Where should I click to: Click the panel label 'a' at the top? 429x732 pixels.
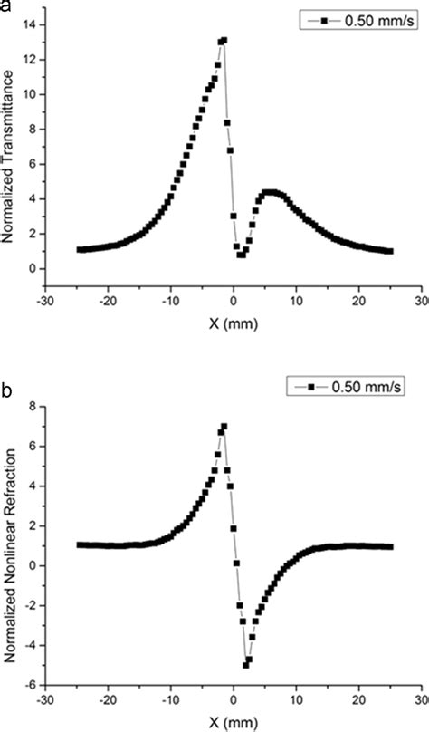coord(6,6)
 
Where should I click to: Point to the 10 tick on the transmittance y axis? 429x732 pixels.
coord(30,94)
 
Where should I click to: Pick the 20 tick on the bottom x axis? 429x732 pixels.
coord(358,700)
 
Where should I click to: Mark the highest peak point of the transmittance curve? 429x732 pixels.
coord(224,40)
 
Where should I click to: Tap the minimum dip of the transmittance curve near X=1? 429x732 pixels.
coord(240,255)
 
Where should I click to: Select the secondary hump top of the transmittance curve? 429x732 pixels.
coord(269,192)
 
